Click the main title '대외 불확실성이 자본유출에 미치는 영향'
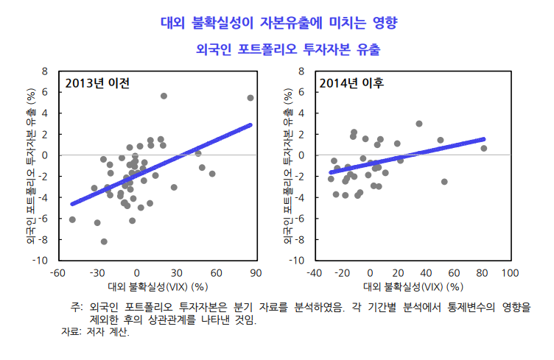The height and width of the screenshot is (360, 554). coord(278,22)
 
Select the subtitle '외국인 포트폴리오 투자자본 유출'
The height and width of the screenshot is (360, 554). coord(278,50)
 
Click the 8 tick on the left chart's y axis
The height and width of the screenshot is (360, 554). coord(45,71)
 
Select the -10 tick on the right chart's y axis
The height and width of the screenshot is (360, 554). coord(298,261)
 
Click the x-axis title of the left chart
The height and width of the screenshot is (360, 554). coord(156,286)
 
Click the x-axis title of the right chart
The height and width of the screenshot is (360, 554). coord(412,286)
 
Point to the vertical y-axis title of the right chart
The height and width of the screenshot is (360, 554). coord(288,166)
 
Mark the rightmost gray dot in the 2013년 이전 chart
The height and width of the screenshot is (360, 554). coord(250,98)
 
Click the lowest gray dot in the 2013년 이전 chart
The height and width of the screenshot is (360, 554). coord(104,241)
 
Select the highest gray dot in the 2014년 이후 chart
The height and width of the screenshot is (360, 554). coord(419,124)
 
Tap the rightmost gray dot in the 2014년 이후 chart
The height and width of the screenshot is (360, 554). coord(484,149)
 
